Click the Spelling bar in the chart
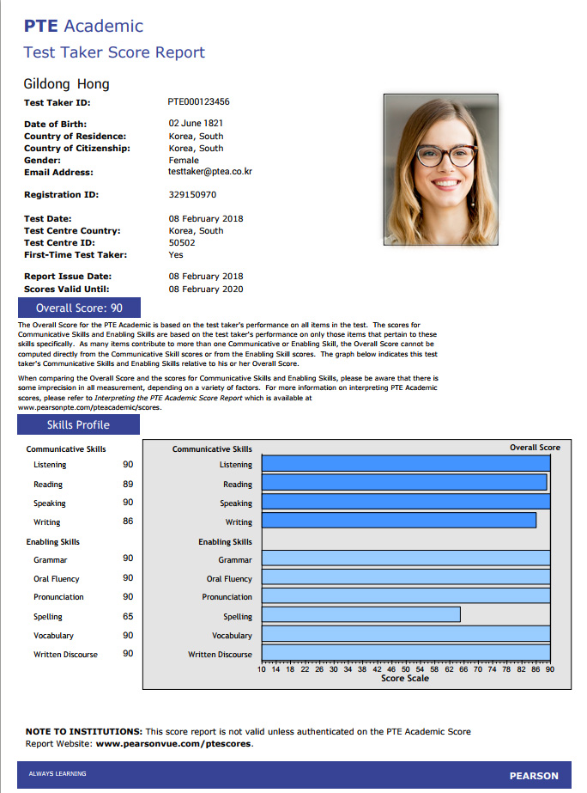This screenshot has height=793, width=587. tap(360, 615)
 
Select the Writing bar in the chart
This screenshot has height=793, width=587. tap(398, 521)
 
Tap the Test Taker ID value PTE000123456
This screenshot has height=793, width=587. tap(198, 101)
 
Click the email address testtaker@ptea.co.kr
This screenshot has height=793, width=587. tap(210, 172)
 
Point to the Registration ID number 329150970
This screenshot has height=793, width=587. tap(193, 195)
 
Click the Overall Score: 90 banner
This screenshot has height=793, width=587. tap(79, 308)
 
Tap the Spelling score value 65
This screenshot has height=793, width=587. tap(128, 616)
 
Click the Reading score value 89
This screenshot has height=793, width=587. tap(128, 484)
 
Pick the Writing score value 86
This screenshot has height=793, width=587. tap(128, 522)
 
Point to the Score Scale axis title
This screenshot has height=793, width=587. tap(405, 679)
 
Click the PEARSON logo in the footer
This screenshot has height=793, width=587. tap(534, 776)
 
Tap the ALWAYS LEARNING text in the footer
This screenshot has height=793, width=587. tap(57, 774)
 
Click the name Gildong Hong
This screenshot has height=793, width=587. tap(67, 84)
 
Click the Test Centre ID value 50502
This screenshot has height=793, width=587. tap(182, 243)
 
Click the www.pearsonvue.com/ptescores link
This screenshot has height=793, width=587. tap(173, 744)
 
